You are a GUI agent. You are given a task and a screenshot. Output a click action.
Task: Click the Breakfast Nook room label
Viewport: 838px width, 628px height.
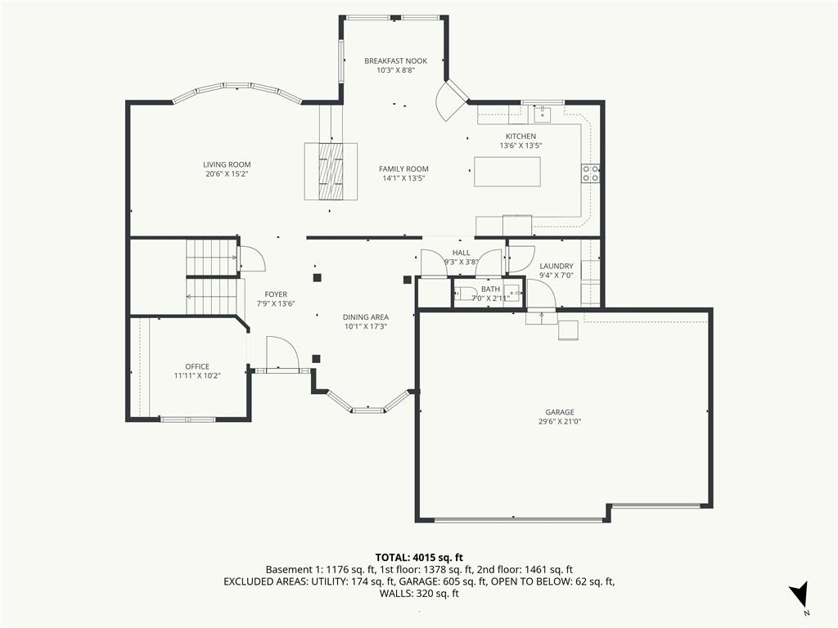pyautogui.click(x=395, y=61)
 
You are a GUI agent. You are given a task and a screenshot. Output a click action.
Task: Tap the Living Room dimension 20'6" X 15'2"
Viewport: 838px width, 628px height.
pyautogui.click(x=228, y=174)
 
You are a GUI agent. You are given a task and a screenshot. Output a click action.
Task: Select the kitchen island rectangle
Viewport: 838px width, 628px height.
pyautogui.click(x=507, y=172)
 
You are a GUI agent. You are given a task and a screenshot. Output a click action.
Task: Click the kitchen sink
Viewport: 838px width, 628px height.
pyautogui.click(x=542, y=113)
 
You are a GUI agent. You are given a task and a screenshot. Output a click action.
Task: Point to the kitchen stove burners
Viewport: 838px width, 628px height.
pyautogui.click(x=590, y=173)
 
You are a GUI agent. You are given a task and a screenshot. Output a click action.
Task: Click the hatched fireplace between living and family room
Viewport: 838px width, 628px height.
pyautogui.click(x=331, y=172)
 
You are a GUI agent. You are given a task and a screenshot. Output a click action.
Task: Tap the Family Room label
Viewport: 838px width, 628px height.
pyautogui.click(x=403, y=168)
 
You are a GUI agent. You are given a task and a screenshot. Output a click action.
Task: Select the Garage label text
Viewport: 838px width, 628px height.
pyautogui.click(x=560, y=412)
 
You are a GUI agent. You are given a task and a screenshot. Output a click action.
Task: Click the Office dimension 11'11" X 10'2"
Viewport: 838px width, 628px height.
pyautogui.click(x=197, y=375)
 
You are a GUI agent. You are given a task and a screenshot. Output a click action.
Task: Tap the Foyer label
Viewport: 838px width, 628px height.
pyautogui.click(x=276, y=294)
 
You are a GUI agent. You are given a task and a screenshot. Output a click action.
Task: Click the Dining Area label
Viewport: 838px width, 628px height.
pyautogui.click(x=366, y=317)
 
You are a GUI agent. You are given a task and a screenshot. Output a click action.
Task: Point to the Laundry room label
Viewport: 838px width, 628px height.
pyautogui.click(x=556, y=266)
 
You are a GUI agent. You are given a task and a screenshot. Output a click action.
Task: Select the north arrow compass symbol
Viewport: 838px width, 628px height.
pyautogui.click(x=799, y=595)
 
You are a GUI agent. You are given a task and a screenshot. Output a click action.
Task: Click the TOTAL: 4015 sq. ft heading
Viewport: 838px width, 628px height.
pyautogui.click(x=419, y=558)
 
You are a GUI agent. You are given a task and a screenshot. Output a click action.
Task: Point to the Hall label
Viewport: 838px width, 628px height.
pyautogui.click(x=462, y=253)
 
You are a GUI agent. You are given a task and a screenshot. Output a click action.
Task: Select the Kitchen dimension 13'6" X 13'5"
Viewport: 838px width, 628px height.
pyautogui.click(x=521, y=146)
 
